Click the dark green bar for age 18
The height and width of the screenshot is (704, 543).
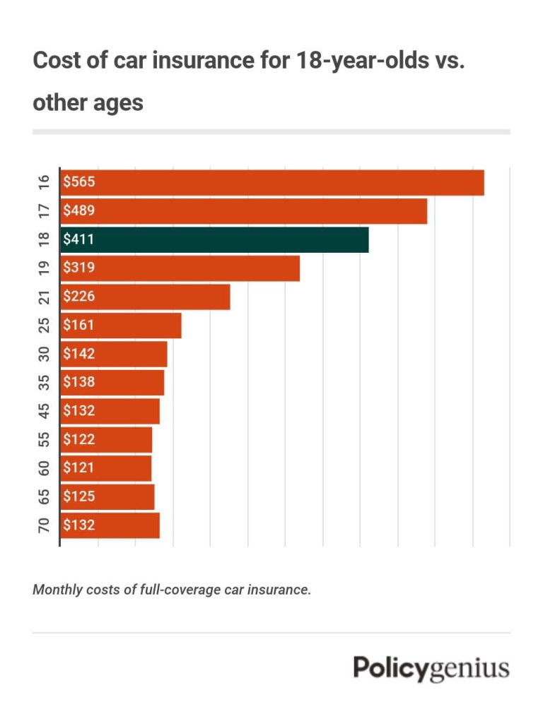pyautogui.click(x=215, y=240)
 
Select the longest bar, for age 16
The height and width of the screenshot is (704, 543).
pyautogui.click(x=272, y=183)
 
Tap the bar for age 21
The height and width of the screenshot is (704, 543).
pyautogui.click(x=146, y=297)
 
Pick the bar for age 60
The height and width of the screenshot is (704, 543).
pyautogui.click(x=106, y=467)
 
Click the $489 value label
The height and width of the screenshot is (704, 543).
pyautogui.click(x=78, y=211)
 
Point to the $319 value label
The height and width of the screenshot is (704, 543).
pyautogui.click(x=78, y=268)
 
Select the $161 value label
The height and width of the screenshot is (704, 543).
pyautogui.click(x=78, y=326)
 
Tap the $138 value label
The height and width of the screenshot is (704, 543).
pyautogui.click(x=78, y=382)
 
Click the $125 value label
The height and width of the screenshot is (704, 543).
pyautogui.click(x=78, y=496)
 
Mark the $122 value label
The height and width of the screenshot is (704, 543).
pyautogui.click(x=78, y=439)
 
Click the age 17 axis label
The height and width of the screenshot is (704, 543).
pyautogui.click(x=45, y=211)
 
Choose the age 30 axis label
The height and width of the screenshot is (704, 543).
pyautogui.click(x=45, y=354)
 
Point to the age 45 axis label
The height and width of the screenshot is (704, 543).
pyautogui.click(x=45, y=411)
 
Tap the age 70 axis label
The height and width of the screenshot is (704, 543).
pyautogui.click(x=45, y=525)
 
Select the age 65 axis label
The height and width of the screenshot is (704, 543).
pyautogui.click(x=45, y=496)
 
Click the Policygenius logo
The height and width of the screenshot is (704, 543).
pyautogui.click(x=431, y=667)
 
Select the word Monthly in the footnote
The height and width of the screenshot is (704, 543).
pyautogui.click(x=57, y=590)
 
